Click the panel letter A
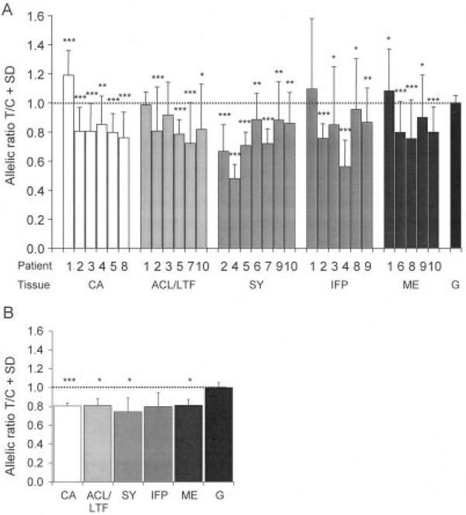(x=7, y=7)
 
